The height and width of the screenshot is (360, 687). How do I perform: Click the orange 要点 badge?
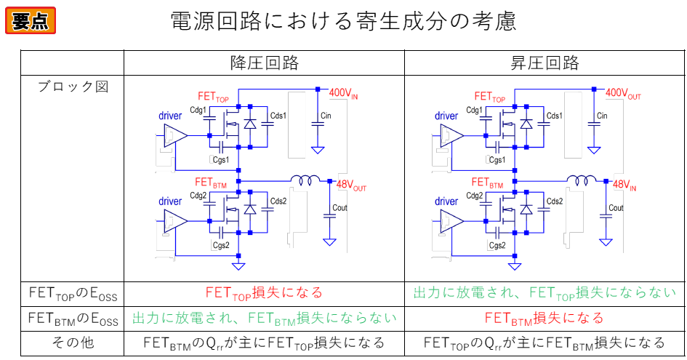(x=31, y=20)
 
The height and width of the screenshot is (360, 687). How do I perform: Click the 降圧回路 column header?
(x=264, y=62)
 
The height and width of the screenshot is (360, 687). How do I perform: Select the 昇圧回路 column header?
(x=545, y=62)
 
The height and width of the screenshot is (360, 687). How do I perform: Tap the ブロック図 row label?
(x=72, y=87)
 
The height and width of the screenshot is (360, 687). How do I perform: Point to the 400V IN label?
(x=343, y=94)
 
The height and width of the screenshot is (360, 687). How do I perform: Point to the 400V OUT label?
(x=623, y=94)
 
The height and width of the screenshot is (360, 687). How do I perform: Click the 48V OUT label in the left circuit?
(x=351, y=186)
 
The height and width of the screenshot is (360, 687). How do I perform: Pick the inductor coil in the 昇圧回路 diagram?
(x=584, y=180)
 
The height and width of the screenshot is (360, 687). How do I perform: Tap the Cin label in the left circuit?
(x=326, y=116)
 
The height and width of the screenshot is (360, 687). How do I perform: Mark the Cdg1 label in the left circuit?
(x=198, y=111)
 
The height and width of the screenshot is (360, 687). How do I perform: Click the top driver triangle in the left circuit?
(x=175, y=135)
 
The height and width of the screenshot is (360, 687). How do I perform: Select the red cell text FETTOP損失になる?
(x=264, y=293)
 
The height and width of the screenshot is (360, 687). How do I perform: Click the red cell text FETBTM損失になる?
(x=545, y=318)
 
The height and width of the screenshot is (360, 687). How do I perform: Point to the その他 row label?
(x=72, y=343)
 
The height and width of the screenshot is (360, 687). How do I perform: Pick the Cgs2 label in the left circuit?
(x=221, y=245)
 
